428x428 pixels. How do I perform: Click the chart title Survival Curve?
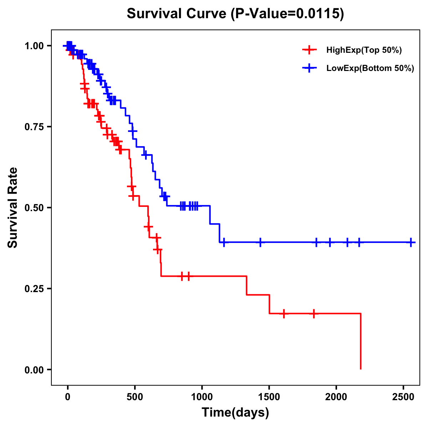pos(177,14)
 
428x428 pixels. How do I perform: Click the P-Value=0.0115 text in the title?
pos(287,14)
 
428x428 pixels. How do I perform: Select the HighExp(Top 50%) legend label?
pos(364,50)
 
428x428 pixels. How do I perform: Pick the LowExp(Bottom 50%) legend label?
pos(370,68)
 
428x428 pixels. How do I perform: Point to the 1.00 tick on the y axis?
pos(34,46)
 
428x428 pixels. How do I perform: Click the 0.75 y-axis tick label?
pos(34,127)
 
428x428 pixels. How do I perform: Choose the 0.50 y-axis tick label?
pos(34,208)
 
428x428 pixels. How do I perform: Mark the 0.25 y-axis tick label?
pos(34,289)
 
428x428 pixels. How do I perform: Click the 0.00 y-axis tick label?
pos(34,370)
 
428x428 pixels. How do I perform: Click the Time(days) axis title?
pos(235,413)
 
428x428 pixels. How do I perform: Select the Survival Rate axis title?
pos(13,208)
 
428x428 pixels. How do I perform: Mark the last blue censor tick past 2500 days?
pos(411,242)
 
